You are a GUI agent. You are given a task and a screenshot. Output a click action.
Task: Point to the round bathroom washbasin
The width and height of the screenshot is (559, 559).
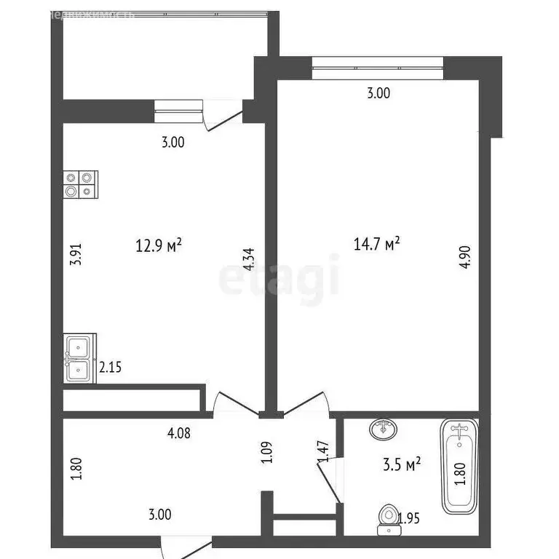[383, 429]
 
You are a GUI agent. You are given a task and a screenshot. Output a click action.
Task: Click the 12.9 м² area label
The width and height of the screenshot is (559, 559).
[159, 245]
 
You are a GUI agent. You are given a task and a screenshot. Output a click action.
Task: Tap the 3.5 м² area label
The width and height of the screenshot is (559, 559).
[403, 464]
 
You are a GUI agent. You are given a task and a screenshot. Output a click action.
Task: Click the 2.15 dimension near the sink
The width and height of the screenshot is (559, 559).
[110, 368]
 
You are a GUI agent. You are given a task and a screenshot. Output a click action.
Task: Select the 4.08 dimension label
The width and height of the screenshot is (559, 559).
[179, 434]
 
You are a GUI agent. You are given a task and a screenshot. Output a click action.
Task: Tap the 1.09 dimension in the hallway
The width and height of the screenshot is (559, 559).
[267, 453]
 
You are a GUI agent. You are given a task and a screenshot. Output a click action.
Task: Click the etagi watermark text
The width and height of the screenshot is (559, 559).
[279, 277]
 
